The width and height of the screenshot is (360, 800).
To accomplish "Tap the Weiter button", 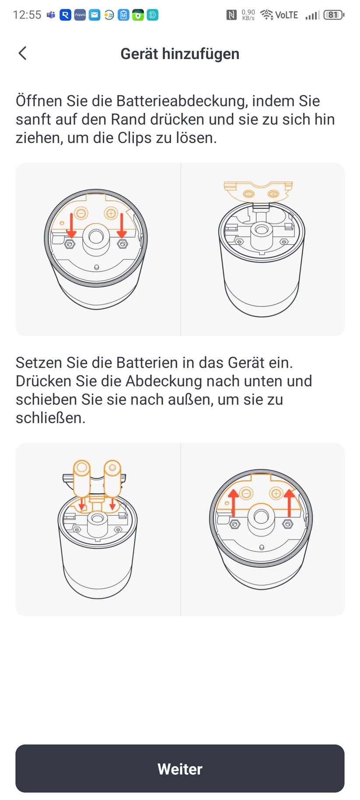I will [180, 768].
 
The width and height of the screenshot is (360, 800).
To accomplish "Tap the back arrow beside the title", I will [23, 53].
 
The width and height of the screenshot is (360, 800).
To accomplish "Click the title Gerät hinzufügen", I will [180, 54].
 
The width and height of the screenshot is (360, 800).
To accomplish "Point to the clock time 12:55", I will [27, 15].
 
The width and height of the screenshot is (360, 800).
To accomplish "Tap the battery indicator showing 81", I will [333, 15].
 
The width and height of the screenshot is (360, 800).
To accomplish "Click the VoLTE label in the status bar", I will [287, 15].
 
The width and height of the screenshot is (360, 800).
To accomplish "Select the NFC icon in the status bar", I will [231, 15].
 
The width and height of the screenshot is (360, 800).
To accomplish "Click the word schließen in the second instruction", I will [50, 418].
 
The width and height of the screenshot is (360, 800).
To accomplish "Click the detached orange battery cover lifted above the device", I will [258, 191].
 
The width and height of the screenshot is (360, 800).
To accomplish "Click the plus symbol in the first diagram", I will [111, 214].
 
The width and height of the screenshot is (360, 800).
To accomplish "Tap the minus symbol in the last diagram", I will [246, 494].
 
